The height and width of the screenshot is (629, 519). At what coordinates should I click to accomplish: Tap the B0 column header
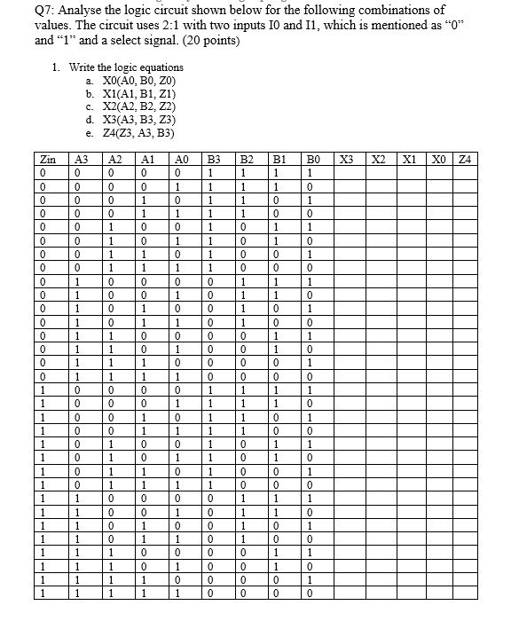pos(313,160)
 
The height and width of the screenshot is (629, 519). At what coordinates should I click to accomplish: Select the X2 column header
pos(380,160)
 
